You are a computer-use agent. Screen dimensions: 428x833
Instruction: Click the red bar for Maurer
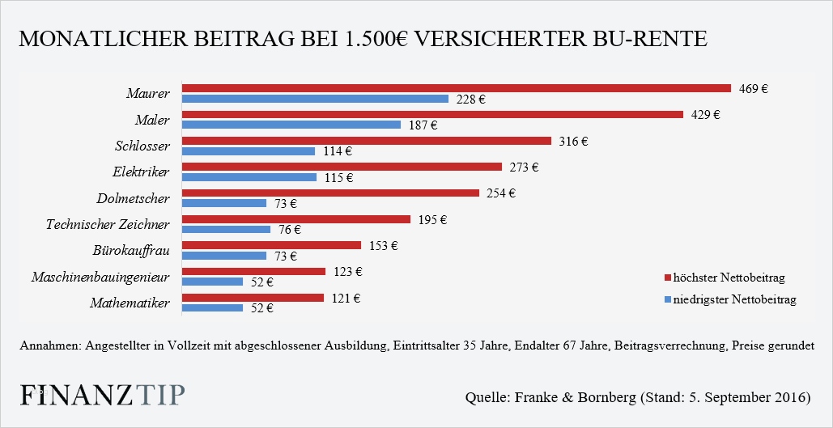pyautogui.click(x=456, y=88)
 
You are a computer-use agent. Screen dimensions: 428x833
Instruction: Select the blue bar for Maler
pyautogui.click(x=291, y=125)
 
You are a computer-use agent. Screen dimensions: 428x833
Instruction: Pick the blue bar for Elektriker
pyautogui.click(x=249, y=176)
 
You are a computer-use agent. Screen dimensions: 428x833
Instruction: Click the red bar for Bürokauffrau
pyautogui.click(x=271, y=245)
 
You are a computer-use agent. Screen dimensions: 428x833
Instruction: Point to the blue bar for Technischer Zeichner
pyautogui.click(x=226, y=229)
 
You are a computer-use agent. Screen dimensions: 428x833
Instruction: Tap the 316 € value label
pyautogui.click(x=573, y=141)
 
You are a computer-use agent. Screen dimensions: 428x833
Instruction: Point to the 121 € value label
pyautogui.click(x=346, y=298)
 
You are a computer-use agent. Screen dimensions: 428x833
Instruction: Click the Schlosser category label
pyautogui.click(x=142, y=146)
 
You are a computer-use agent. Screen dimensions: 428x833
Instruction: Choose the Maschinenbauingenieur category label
pyautogui.click(x=100, y=277)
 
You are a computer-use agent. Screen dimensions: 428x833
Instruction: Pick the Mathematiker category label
pyautogui.click(x=129, y=303)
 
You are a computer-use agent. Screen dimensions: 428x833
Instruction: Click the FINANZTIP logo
pyautogui.click(x=101, y=395)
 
